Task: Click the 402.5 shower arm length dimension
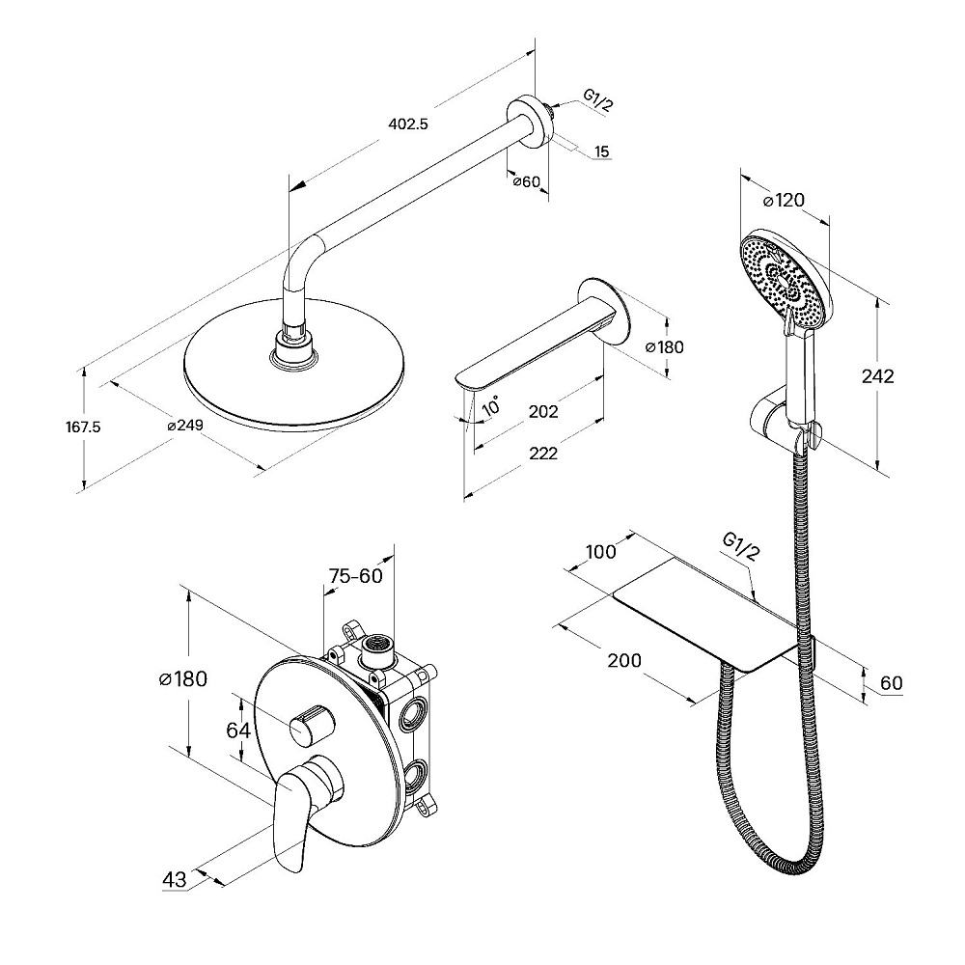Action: (x=407, y=124)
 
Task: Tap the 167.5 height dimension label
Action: (x=85, y=426)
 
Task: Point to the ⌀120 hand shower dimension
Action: (x=784, y=201)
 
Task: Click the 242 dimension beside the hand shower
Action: (x=877, y=376)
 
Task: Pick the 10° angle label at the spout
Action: (x=491, y=406)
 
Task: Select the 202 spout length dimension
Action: (x=543, y=412)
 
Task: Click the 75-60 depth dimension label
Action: (x=354, y=576)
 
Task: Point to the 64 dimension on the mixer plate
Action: (x=238, y=731)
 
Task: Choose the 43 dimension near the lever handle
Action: (x=174, y=879)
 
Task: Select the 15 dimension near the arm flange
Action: (x=601, y=152)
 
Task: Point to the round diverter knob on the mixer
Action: (x=311, y=724)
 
